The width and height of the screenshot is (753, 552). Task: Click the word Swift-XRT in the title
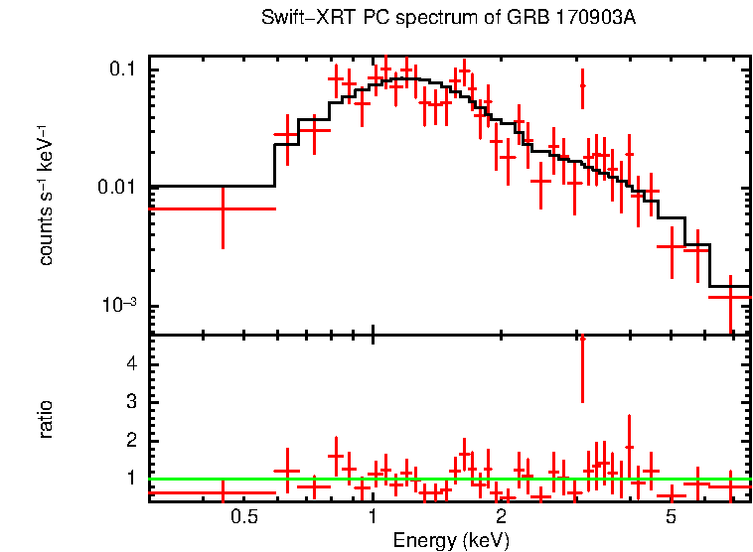(297, 18)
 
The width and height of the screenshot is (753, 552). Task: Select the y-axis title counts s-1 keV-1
(46, 194)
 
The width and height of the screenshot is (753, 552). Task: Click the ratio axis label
(46, 419)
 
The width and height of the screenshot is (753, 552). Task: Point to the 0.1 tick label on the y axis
(121, 69)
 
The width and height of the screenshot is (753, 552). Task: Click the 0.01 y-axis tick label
(117, 188)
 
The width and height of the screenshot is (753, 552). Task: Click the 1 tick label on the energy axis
(373, 517)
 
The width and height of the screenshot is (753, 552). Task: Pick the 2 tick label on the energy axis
(501, 517)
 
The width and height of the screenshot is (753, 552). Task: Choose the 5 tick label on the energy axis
(671, 517)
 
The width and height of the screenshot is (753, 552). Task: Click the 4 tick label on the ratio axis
(129, 363)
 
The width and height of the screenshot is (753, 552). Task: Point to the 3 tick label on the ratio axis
(129, 401)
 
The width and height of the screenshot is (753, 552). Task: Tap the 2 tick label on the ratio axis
(129, 439)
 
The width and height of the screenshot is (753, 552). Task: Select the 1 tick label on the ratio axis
(129, 478)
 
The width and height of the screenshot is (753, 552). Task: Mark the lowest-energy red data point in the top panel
(223, 209)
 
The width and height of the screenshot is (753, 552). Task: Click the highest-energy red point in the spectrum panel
(730, 296)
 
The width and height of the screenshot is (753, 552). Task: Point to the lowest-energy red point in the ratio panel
(223, 492)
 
